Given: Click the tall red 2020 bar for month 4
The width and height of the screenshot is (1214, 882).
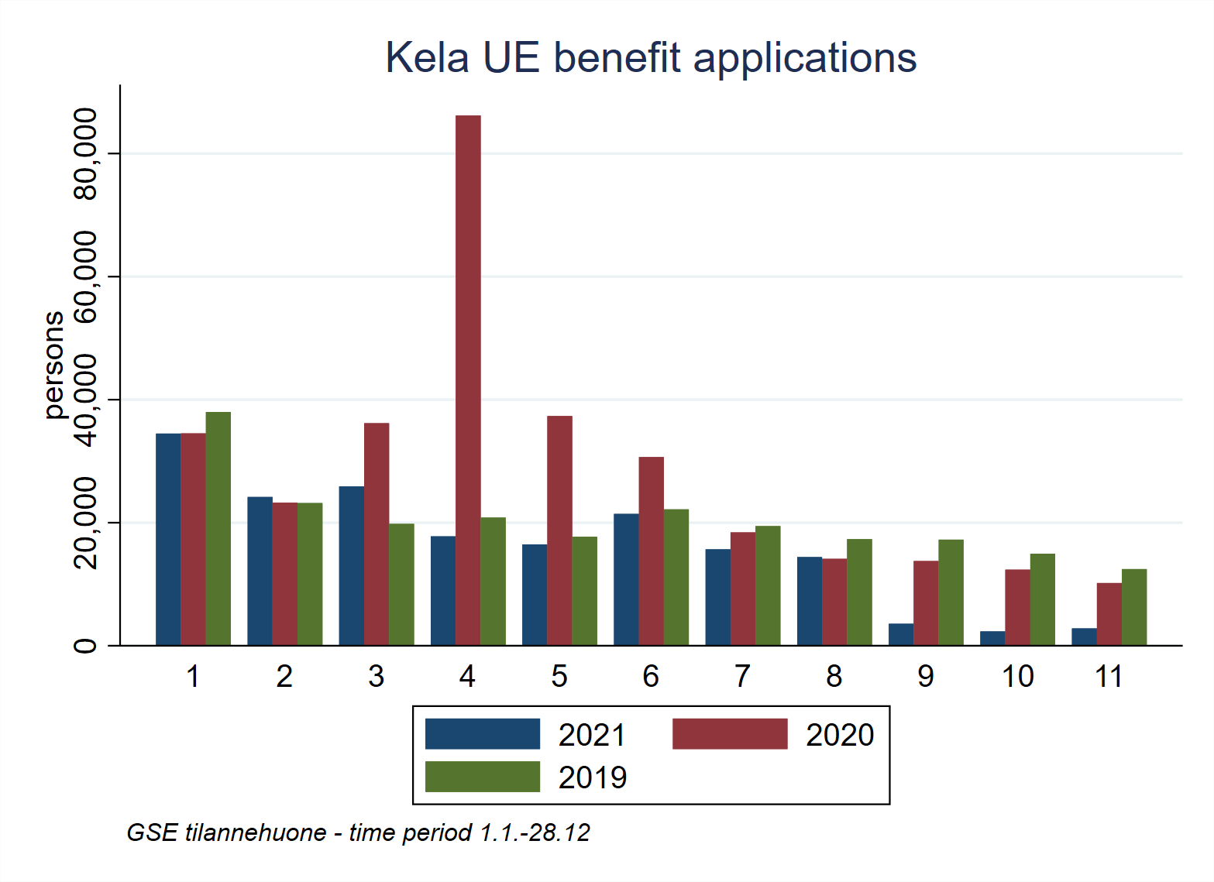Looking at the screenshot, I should click(x=468, y=379).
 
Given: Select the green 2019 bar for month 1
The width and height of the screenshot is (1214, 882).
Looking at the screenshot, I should click(x=218, y=528).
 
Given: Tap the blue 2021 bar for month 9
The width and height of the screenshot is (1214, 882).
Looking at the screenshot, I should click(x=901, y=634).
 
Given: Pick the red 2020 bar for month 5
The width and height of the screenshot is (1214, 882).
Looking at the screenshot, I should click(x=559, y=530).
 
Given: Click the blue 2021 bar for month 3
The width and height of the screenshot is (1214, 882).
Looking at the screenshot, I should click(x=352, y=565).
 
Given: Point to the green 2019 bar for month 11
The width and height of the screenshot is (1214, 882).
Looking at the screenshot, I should click(x=1134, y=607).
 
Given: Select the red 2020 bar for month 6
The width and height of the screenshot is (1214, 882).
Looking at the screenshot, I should click(x=651, y=551).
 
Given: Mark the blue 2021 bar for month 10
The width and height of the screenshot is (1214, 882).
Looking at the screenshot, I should click(x=992, y=638).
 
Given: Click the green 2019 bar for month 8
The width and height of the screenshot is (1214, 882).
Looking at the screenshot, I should click(x=859, y=592).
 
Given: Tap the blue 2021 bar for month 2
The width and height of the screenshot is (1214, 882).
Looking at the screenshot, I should click(x=260, y=571).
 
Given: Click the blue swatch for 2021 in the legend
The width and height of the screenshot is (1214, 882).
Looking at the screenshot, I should click(x=482, y=734).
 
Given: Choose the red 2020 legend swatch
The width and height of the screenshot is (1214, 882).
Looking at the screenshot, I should click(x=729, y=734).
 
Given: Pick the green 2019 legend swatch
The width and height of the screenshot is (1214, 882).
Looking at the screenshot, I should click(x=482, y=777).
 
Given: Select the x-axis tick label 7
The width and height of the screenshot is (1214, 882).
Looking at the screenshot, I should click(x=742, y=677).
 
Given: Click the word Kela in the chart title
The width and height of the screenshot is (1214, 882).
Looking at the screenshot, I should click(x=427, y=58).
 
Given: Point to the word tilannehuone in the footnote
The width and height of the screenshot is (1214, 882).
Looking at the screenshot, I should click(x=256, y=832).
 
